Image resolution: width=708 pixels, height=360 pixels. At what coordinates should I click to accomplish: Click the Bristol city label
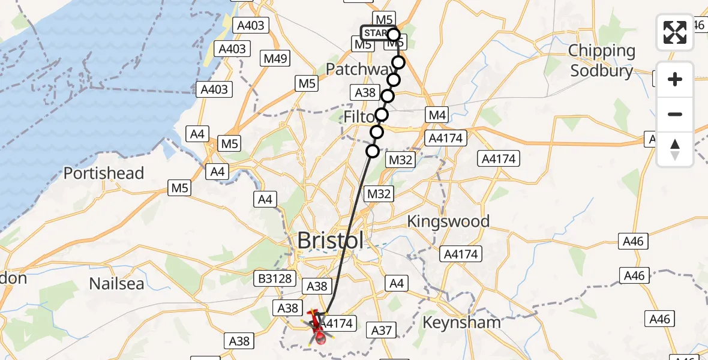click(331, 241)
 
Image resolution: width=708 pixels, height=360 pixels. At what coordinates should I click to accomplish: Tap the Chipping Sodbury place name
click(602, 61)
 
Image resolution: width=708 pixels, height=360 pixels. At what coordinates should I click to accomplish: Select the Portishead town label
click(104, 173)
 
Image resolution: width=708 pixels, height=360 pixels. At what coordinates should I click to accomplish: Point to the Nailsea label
click(116, 283)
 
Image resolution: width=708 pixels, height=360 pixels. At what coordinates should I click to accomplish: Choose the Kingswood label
click(448, 221)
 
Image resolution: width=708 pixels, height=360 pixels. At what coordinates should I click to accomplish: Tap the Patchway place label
click(357, 70)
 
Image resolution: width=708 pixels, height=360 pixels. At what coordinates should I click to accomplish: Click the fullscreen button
click(675, 32)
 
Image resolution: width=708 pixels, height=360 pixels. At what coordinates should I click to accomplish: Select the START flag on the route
click(376, 32)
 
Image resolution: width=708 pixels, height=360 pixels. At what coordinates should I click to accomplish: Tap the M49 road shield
click(276, 58)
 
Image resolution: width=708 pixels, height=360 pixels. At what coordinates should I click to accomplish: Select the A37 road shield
click(382, 329)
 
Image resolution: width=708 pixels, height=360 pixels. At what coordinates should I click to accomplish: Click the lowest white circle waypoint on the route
click(373, 151)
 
